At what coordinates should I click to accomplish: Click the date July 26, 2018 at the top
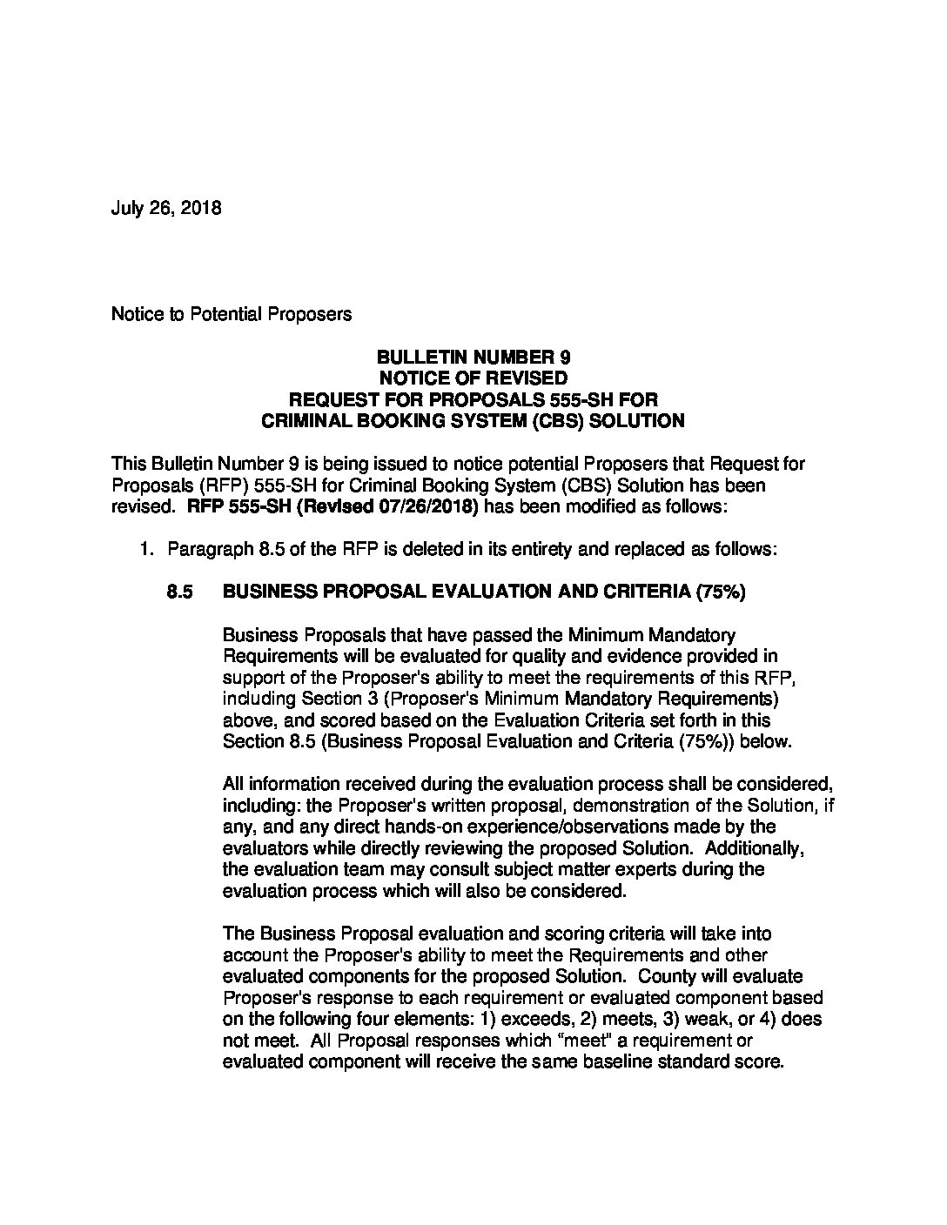(x=165, y=209)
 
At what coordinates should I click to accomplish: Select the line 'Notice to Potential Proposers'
(x=232, y=314)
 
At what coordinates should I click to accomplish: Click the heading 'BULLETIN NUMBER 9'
(x=473, y=357)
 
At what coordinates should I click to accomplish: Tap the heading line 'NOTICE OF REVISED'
(x=473, y=378)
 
